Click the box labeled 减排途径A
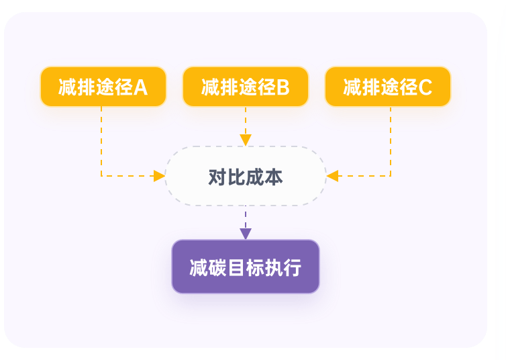[x=103, y=87]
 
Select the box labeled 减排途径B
[x=246, y=87]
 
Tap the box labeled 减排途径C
[x=388, y=87]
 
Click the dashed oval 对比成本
[x=246, y=176]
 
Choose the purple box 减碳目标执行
[x=246, y=267]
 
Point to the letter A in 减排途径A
[x=141, y=87]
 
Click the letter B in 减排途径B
[x=283, y=87]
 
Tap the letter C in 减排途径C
[x=425, y=87]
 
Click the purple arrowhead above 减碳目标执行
[x=246, y=234]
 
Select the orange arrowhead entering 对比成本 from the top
[x=246, y=140]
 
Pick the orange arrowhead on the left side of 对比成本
[x=160, y=176]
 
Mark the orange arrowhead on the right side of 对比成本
[x=332, y=176]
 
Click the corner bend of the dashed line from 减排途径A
[x=101, y=176]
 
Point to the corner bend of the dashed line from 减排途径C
[x=391, y=176]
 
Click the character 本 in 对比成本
[x=274, y=177]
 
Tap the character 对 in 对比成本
[x=217, y=177]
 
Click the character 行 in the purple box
[x=293, y=268]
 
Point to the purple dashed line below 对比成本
[x=246, y=217]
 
